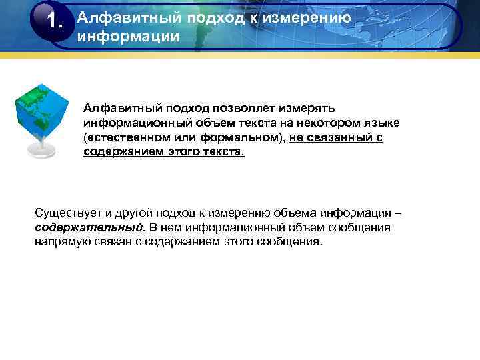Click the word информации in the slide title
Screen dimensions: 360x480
pos(128,36)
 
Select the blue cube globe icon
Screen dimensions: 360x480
pos(42,110)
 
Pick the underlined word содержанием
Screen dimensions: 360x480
pos(124,152)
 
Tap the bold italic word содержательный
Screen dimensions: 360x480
pos(89,227)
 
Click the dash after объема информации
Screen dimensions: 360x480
pos(398,213)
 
